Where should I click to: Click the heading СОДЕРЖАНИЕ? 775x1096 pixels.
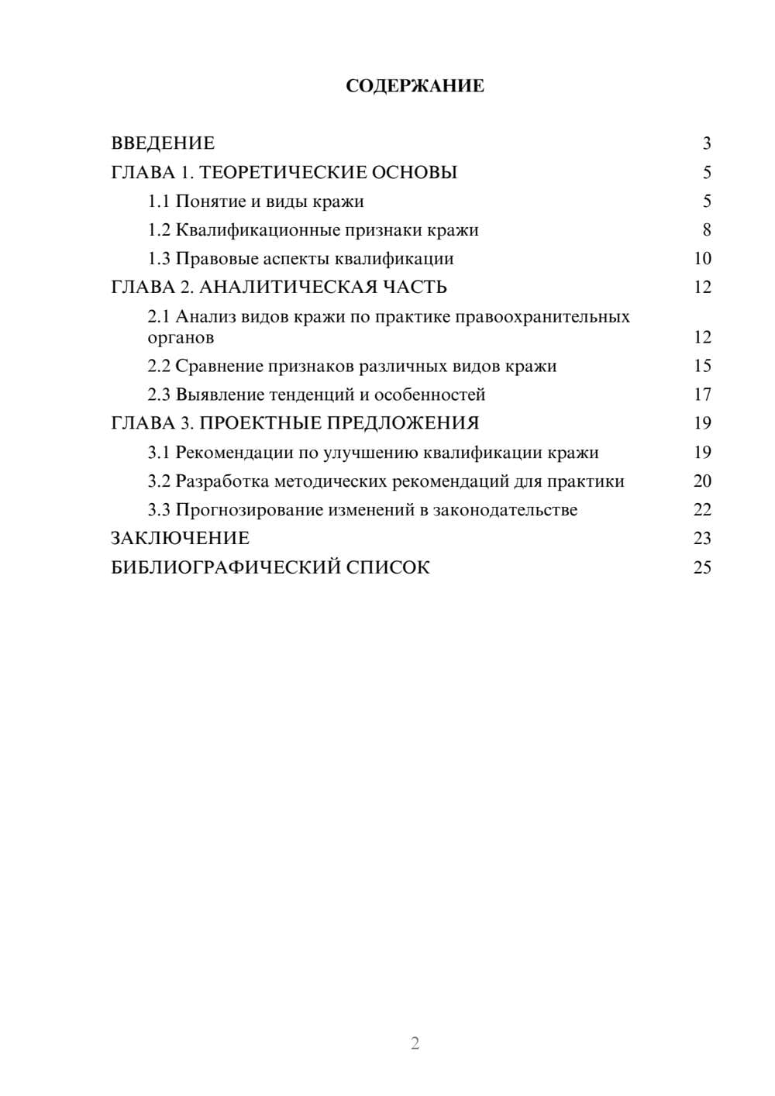point(415,86)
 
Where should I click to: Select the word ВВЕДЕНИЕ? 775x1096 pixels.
point(163,143)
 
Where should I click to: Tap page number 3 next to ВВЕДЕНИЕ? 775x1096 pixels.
point(706,143)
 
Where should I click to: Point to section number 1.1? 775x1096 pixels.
point(158,202)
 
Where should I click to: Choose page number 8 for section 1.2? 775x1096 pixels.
point(706,230)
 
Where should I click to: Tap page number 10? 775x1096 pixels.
point(702,259)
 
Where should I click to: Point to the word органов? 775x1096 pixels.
point(181,338)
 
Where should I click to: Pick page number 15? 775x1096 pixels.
point(702,366)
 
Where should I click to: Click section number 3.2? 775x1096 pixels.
point(158,481)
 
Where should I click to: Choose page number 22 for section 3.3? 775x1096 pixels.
point(702,510)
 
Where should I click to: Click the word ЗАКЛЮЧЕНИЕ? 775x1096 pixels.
point(180,539)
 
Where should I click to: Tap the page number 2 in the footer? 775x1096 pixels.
point(415,1043)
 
